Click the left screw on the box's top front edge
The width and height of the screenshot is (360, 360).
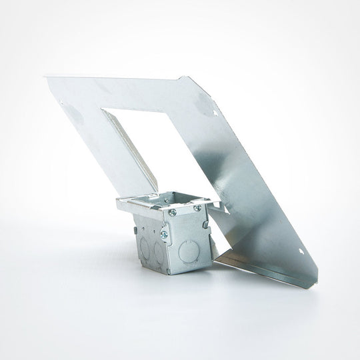(172, 212)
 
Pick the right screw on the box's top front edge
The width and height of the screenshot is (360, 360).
(197, 209)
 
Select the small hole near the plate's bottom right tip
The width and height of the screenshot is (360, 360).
(304, 253)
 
